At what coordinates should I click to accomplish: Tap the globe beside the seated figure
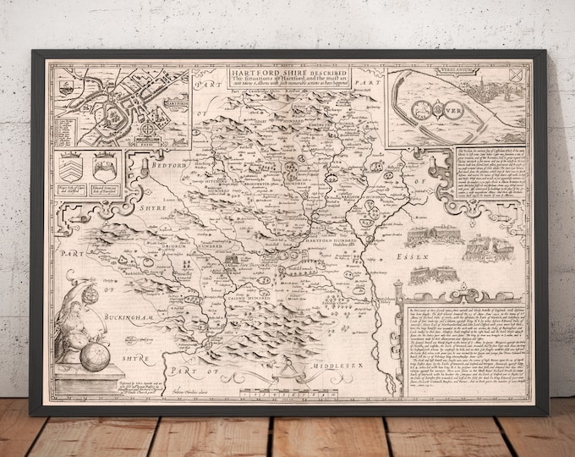point(96,355)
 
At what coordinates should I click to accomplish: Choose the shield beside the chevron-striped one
point(106,161)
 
